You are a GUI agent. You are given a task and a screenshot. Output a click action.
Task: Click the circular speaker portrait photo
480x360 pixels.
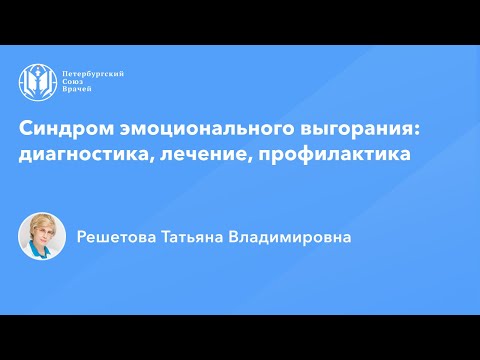point(42,237)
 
